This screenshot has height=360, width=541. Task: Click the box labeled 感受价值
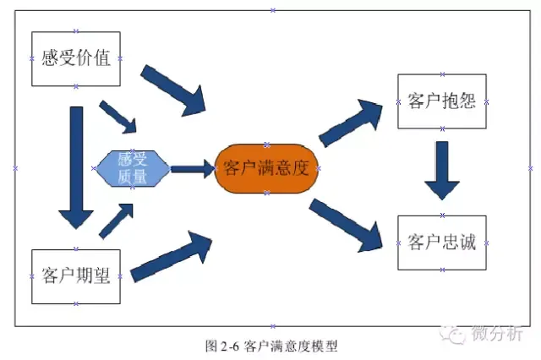[x=76, y=58]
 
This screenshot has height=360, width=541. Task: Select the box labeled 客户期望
[x=76, y=276]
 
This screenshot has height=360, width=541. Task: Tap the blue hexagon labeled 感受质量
[x=133, y=169]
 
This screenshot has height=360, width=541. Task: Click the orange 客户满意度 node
[x=266, y=169]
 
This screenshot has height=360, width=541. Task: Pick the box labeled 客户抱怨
[x=442, y=101]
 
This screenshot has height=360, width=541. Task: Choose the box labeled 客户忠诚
[x=442, y=243]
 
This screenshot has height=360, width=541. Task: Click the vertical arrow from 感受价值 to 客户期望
[x=76, y=167]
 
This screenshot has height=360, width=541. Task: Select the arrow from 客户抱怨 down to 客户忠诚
[x=442, y=171]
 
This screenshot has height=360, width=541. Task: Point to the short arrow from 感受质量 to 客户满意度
[x=194, y=169]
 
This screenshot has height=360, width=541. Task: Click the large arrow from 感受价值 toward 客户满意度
[x=173, y=90]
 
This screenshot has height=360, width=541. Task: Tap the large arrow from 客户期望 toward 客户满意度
[x=171, y=256]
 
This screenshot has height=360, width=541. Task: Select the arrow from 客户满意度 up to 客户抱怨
[x=350, y=123]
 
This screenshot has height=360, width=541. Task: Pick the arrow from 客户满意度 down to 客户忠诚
[x=346, y=225]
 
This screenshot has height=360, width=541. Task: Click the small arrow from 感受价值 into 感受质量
[x=118, y=117]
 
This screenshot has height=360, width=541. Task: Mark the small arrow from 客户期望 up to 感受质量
[x=117, y=221]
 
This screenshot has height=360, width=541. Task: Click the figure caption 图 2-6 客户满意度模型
[x=271, y=346]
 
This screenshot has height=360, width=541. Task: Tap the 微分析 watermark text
[x=497, y=334]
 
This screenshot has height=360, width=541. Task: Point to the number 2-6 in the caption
[x=230, y=346]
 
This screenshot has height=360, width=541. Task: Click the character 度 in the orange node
[x=299, y=168]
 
